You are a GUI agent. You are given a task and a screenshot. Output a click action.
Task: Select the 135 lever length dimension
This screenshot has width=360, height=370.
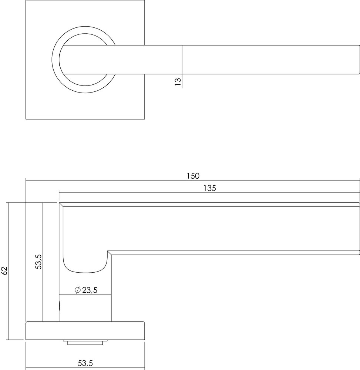[x=209, y=188]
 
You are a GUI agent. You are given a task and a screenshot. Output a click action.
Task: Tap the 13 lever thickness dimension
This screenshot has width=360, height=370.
[x=178, y=81]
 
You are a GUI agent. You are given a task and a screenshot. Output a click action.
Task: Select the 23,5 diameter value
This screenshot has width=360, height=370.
[x=90, y=290]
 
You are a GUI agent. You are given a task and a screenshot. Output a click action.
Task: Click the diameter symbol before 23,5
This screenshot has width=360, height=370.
[x=77, y=290]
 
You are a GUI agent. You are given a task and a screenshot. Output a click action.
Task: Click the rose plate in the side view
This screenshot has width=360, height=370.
[x=85, y=331]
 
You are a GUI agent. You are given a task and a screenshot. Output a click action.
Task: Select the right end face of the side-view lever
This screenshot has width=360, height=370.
[x=359, y=228]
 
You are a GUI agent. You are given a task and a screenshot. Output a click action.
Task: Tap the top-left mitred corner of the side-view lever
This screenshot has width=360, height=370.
[x=61, y=205]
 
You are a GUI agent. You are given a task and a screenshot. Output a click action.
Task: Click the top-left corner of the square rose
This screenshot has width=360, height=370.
[x=26, y=1]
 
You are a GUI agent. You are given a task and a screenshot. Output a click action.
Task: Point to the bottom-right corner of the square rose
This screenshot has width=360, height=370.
[x=144, y=119]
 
